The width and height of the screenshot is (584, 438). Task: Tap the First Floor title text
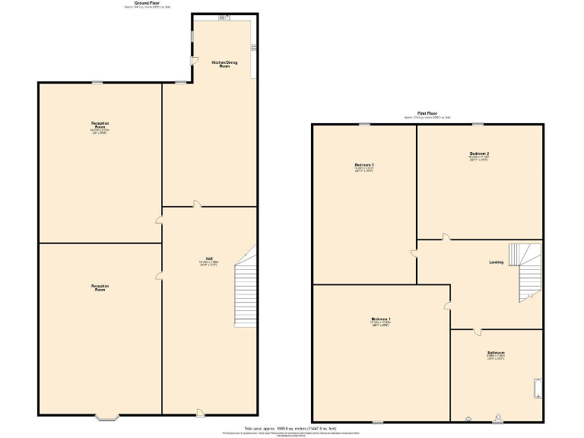(x=427, y=113)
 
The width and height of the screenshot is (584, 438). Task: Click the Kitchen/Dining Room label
(x=220, y=64)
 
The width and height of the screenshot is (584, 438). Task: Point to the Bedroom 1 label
(x=381, y=319)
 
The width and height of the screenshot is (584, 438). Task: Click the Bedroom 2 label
(x=478, y=154)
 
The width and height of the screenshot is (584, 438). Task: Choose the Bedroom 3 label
(x=363, y=165)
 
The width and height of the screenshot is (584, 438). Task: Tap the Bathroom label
(x=496, y=353)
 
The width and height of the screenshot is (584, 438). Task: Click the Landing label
(x=496, y=262)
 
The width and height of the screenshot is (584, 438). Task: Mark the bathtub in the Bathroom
(x=537, y=389)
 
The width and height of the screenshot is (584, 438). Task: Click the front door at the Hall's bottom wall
(x=200, y=413)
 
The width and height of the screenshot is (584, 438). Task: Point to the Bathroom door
(x=477, y=332)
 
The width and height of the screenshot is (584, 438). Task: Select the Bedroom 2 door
(x=446, y=238)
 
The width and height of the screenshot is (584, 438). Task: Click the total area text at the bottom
(x=291, y=428)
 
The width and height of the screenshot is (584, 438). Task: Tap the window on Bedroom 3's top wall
(x=365, y=124)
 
